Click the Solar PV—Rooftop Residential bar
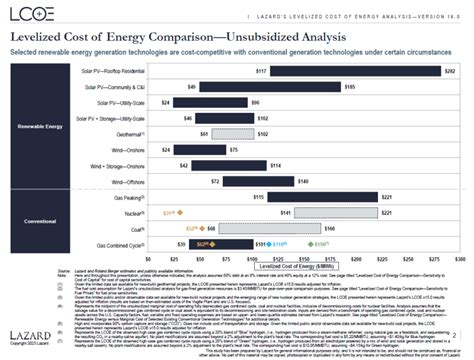pyautogui.click(x=356, y=73)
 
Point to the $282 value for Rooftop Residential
pyautogui.click(x=450, y=73)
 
